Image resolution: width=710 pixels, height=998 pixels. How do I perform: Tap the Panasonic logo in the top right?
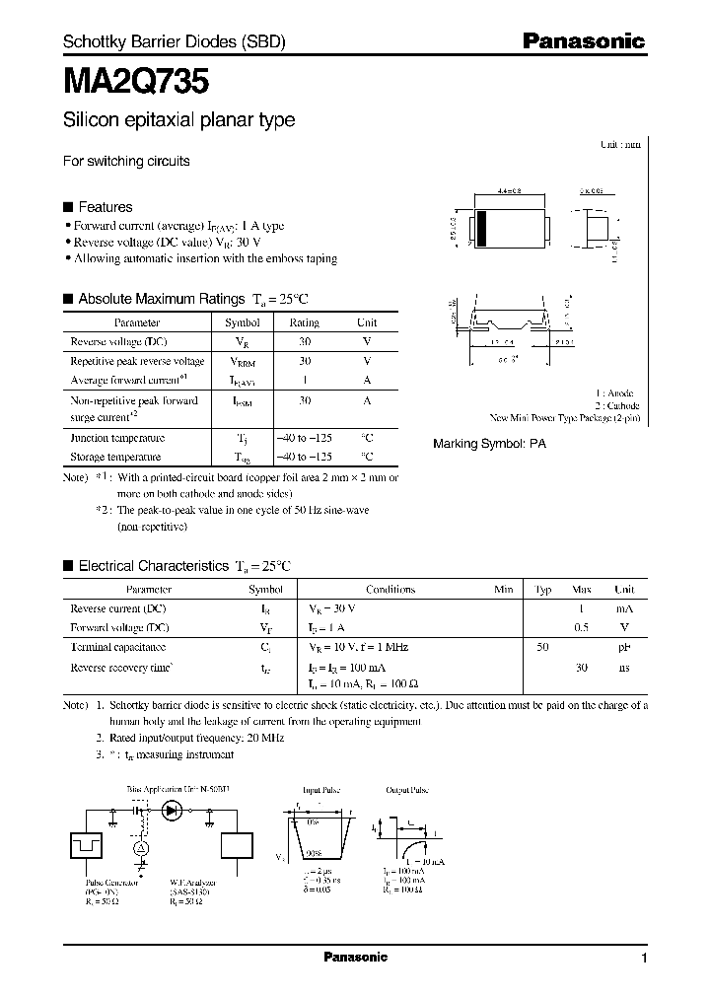pos(583,41)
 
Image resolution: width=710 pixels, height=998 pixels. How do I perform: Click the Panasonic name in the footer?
pos(356,957)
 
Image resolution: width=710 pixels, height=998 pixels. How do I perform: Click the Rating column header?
pos(305,322)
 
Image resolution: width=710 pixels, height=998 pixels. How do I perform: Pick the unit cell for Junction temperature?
pos(367,438)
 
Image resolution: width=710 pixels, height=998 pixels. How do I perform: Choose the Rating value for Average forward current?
pos(305,380)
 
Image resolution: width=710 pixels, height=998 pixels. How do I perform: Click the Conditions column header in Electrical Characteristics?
pos(390,590)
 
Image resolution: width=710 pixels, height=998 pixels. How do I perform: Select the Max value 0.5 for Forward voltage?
pos(582,627)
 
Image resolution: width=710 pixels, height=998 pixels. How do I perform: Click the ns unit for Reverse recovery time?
pos(624,667)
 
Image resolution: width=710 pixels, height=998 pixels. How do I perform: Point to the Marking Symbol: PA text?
pos(489,445)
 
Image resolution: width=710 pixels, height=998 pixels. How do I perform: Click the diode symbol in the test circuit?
pos(175,811)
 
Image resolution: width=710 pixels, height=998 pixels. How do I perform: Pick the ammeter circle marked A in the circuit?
pos(141,847)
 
